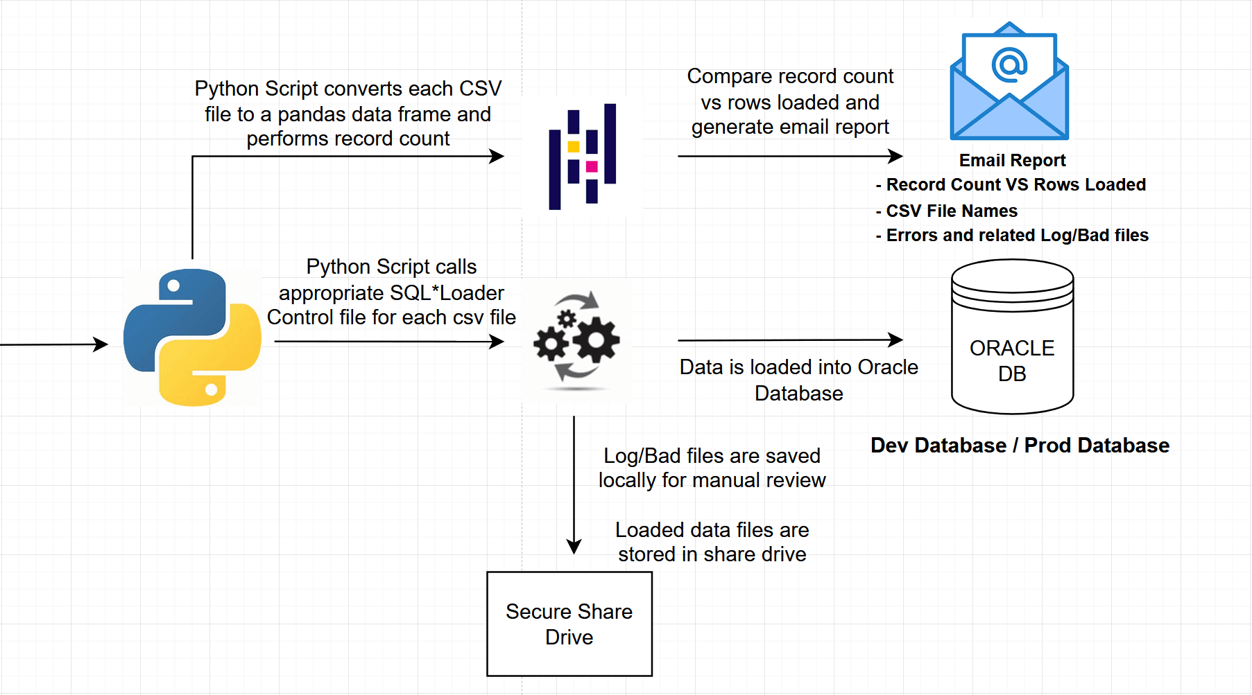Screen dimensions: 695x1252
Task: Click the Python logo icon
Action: [192, 337]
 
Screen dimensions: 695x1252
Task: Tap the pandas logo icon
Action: [583, 157]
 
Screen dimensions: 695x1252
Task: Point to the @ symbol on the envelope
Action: [1009, 64]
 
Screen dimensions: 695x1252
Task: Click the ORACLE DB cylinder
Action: [1012, 337]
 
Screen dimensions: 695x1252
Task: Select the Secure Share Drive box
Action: [569, 624]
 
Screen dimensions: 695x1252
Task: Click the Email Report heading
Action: [1012, 161]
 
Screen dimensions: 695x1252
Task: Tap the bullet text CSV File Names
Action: [951, 211]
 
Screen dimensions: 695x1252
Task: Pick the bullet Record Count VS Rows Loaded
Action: [1015, 185]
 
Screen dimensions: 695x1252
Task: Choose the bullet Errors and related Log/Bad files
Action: [1017, 236]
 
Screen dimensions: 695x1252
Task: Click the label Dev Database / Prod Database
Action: [1020, 446]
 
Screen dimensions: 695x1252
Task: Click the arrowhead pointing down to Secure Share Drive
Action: [574, 547]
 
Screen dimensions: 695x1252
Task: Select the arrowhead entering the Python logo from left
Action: [101, 344]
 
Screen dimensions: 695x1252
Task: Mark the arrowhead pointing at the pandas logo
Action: [497, 157]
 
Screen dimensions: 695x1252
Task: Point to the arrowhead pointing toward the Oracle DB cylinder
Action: [896, 340]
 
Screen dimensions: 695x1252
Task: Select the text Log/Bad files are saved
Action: [712, 456]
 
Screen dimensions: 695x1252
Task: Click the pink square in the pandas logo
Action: [592, 166]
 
